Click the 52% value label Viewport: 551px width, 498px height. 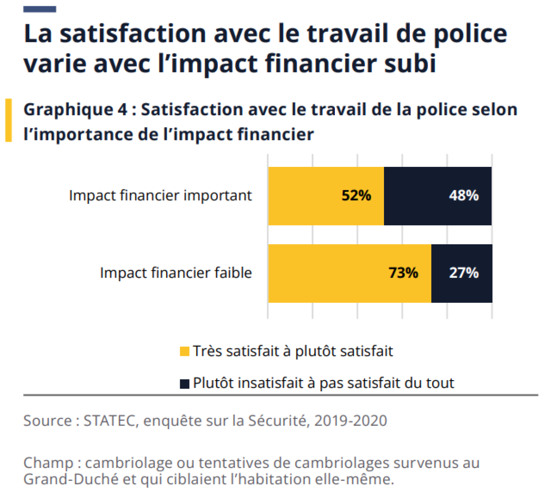coord(356,196)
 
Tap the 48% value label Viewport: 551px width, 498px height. coord(463,196)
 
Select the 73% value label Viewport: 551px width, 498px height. coord(403,273)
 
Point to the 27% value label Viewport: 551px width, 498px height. coord(463,273)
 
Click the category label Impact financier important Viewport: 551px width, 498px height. coord(160,196)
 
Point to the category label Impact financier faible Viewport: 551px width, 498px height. coord(176,273)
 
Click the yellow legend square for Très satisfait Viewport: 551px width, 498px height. coord(185,351)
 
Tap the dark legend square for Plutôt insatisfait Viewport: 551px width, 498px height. coord(185,383)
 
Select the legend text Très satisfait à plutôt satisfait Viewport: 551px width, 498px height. coord(293,351)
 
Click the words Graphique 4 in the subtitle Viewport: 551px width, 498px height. coord(76,110)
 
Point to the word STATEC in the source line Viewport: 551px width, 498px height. coord(109,421)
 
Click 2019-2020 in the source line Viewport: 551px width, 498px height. coord(351,421)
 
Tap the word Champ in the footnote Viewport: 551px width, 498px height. coord(48,463)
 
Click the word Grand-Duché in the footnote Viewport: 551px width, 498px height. coord(71,479)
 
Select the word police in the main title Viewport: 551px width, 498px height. coord(470,34)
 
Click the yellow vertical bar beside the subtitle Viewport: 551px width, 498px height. coord(9,121)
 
